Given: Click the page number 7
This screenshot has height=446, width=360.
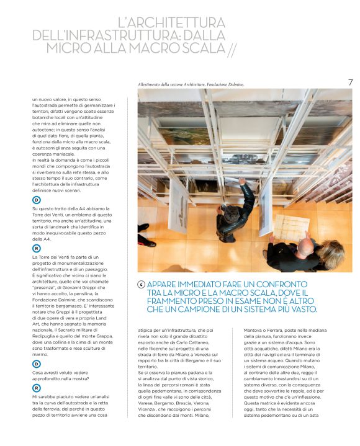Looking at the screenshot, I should pos(350,83).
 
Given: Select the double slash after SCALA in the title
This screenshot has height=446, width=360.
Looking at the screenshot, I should pos(232,48).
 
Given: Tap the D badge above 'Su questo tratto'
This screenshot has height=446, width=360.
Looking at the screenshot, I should pos(37,200).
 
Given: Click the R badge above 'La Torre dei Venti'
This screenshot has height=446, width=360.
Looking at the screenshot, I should pos(37,248).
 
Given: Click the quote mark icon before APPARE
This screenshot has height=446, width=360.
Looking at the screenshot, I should pos(142,285).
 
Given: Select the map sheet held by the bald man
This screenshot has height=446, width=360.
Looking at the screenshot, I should pos(290,225).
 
